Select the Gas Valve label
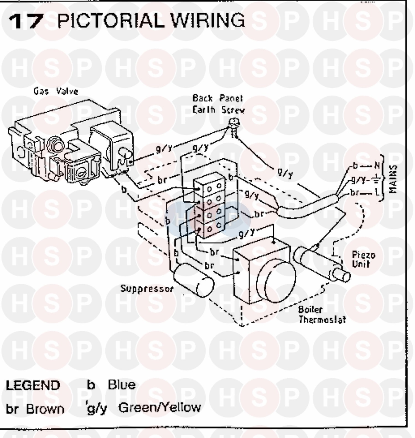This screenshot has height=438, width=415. pyautogui.click(x=56, y=91)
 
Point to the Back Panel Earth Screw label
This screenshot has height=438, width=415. pyautogui.click(x=218, y=104)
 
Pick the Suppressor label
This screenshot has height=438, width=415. pyautogui.click(x=147, y=289)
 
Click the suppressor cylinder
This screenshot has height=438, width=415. pyautogui.click(x=194, y=280)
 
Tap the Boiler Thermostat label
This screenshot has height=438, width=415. pyautogui.click(x=322, y=315)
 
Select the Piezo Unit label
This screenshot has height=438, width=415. pyautogui.click(x=364, y=259)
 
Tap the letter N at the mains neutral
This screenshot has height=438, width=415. pyautogui.click(x=377, y=166)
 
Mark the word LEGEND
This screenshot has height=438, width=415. pyautogui.click(x=33, y=385)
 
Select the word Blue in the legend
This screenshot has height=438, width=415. pyautogui.click(x=122, y=385)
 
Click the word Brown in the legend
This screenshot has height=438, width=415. pyautogui.click(x=45, y=409)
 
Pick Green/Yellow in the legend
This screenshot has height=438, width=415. pyautogui.click(x=160, y=408)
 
